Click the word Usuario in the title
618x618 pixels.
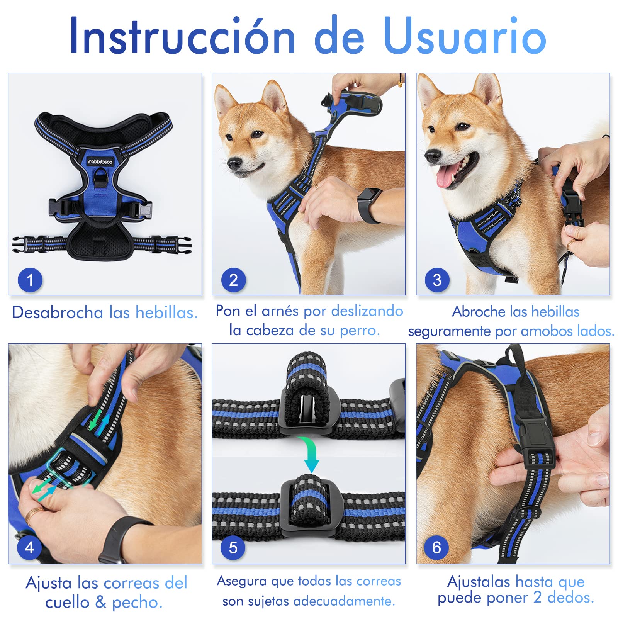point(465,36)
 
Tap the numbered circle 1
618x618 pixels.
point(30,280)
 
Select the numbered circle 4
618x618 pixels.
point(29,547)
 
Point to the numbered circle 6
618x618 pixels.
point(436,547)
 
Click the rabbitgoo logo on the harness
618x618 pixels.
point(100,161)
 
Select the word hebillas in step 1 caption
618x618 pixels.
point(167,312)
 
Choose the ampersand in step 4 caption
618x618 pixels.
point(101,602)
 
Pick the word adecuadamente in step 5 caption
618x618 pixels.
point(344,601)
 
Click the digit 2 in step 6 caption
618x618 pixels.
point(537,597)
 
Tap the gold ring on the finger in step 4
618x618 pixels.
point(33,514)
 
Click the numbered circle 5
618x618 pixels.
point(233,547)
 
